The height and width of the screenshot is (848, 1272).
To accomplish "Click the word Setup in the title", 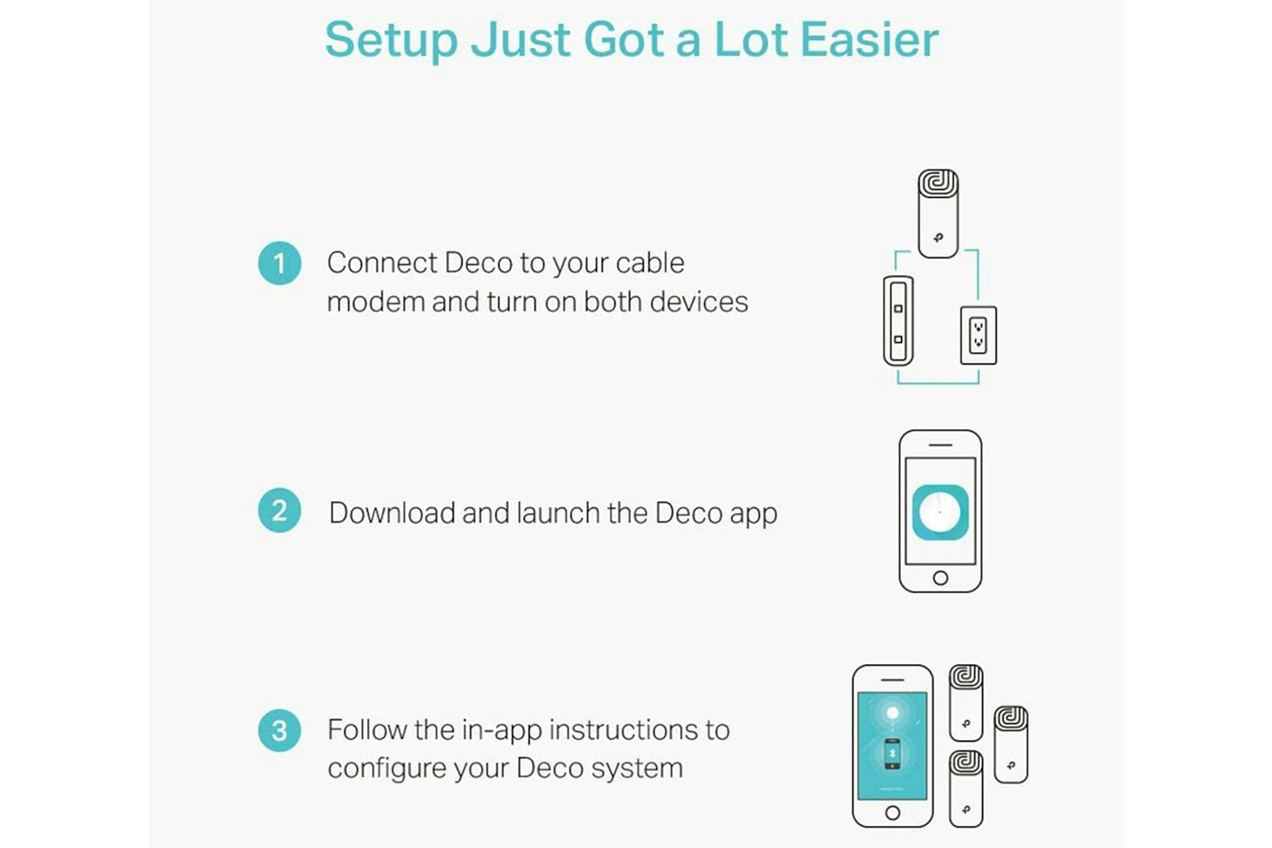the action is point(391,41).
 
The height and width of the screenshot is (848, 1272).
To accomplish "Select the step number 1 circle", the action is point(279,263).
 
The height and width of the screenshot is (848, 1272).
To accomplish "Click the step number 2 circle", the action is point(279,510).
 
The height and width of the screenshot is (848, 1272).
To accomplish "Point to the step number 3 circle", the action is point(279,730).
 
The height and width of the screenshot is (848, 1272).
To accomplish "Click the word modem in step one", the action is point(376,302).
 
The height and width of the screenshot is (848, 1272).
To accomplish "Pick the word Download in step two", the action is point(392,512).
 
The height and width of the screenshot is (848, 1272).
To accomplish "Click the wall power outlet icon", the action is point(979,335).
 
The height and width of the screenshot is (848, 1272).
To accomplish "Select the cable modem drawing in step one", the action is point(898,321).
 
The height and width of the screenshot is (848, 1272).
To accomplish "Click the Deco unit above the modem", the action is point(938,213).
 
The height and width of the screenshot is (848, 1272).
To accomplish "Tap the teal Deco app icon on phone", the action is point(940,512).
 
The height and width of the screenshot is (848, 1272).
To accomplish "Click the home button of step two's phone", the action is point(940,578).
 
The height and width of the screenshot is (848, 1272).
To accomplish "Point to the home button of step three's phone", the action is point(893,812).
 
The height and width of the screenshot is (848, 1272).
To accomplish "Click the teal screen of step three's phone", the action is point(892,745).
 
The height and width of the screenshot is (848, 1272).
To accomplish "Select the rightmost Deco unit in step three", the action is point(1011,745).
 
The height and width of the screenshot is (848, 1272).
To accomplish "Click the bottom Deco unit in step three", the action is point(966,789).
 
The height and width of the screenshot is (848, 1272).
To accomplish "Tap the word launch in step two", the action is point(558,512).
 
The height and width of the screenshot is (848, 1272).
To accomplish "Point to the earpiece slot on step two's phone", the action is point(940,444).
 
